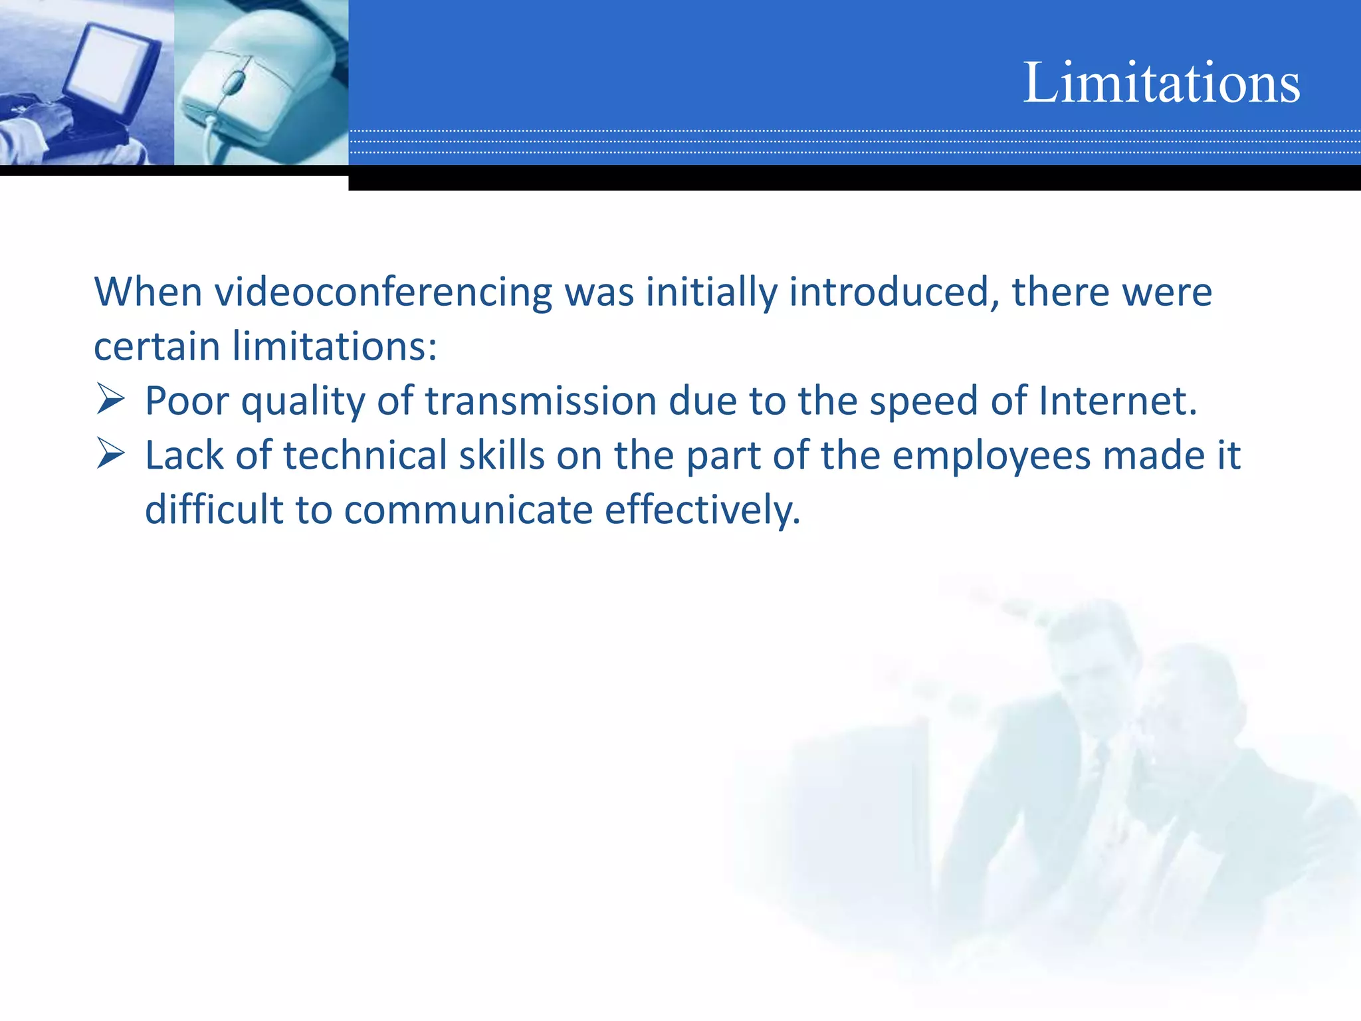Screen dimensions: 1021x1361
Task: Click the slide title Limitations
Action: [x=1161, y=82]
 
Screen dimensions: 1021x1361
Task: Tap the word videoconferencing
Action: [x=383, y=292]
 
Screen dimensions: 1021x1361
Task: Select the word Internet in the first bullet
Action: [x=1117, y=401]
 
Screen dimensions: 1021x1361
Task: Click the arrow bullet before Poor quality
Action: [x=110, y=399]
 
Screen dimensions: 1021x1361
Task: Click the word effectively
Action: [x=702, y=510]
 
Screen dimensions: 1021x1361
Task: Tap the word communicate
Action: [x=468, y=510]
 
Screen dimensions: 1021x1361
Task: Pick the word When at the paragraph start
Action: [x=148, y=292]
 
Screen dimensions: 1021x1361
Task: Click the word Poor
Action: [x=187, y=401]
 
